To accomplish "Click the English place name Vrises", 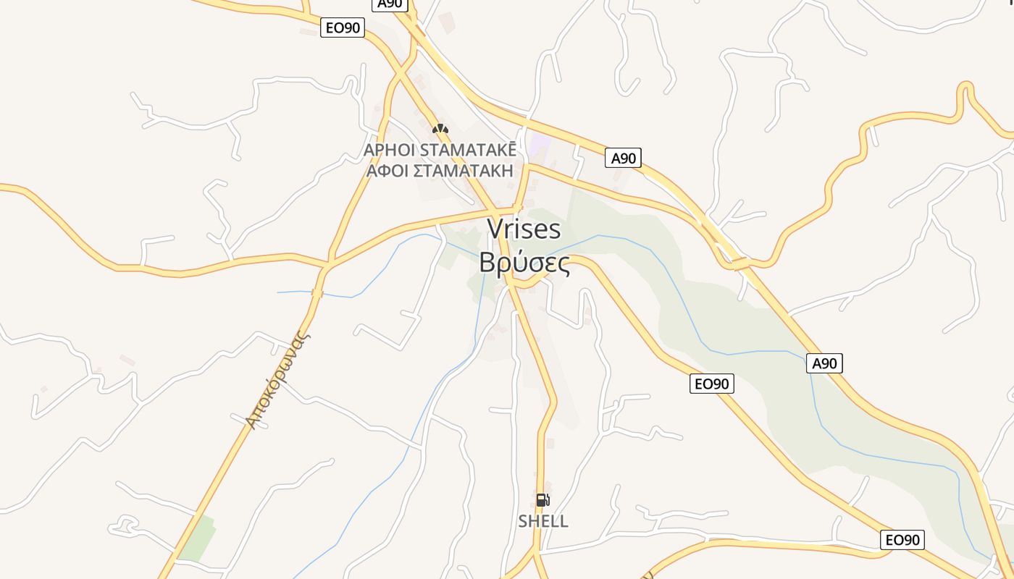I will click(524, 229).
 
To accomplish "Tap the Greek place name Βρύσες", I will click(524, 263).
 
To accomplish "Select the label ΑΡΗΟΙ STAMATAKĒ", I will click(440, 150).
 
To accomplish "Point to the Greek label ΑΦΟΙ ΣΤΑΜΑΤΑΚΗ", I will click(440, 171).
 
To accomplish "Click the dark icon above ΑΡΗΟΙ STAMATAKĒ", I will click(440, 129).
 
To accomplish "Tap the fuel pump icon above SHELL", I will click(542, 500).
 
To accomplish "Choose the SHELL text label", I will click(543, 521).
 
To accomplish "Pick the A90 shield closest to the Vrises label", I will click(623, 158).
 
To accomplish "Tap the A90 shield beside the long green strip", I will click(824, 363).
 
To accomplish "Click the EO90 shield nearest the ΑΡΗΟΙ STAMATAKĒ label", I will click(343, 28).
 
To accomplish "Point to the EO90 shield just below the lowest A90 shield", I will click(711, 384).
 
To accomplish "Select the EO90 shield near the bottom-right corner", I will click(902, 539).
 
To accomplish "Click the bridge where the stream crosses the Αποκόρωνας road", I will click(317, 292).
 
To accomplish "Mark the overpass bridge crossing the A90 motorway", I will click(740, 263).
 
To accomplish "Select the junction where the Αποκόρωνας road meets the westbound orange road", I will click(327, 265).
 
